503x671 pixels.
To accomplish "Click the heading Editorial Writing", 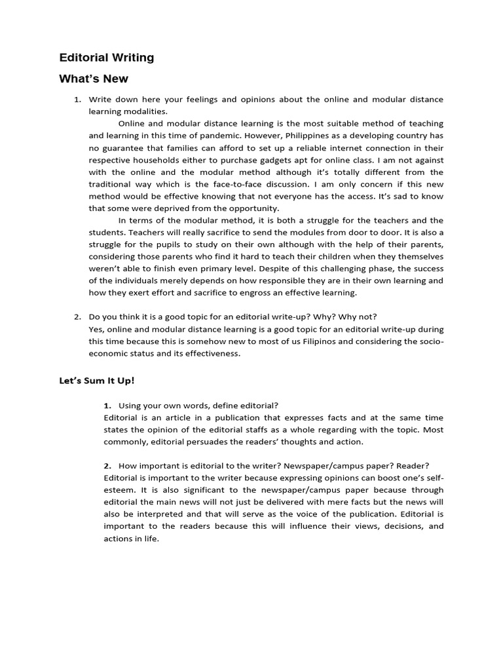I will point(107,58).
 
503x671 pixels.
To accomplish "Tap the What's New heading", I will point(94,79).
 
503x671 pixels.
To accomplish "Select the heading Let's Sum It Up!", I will point(96,380).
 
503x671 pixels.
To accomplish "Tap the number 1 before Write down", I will point(77,100).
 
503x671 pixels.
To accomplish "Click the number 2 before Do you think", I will point(77,317).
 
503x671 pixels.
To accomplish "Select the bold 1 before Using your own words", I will point(107,406).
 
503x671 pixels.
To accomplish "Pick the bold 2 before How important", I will point(107,466).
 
